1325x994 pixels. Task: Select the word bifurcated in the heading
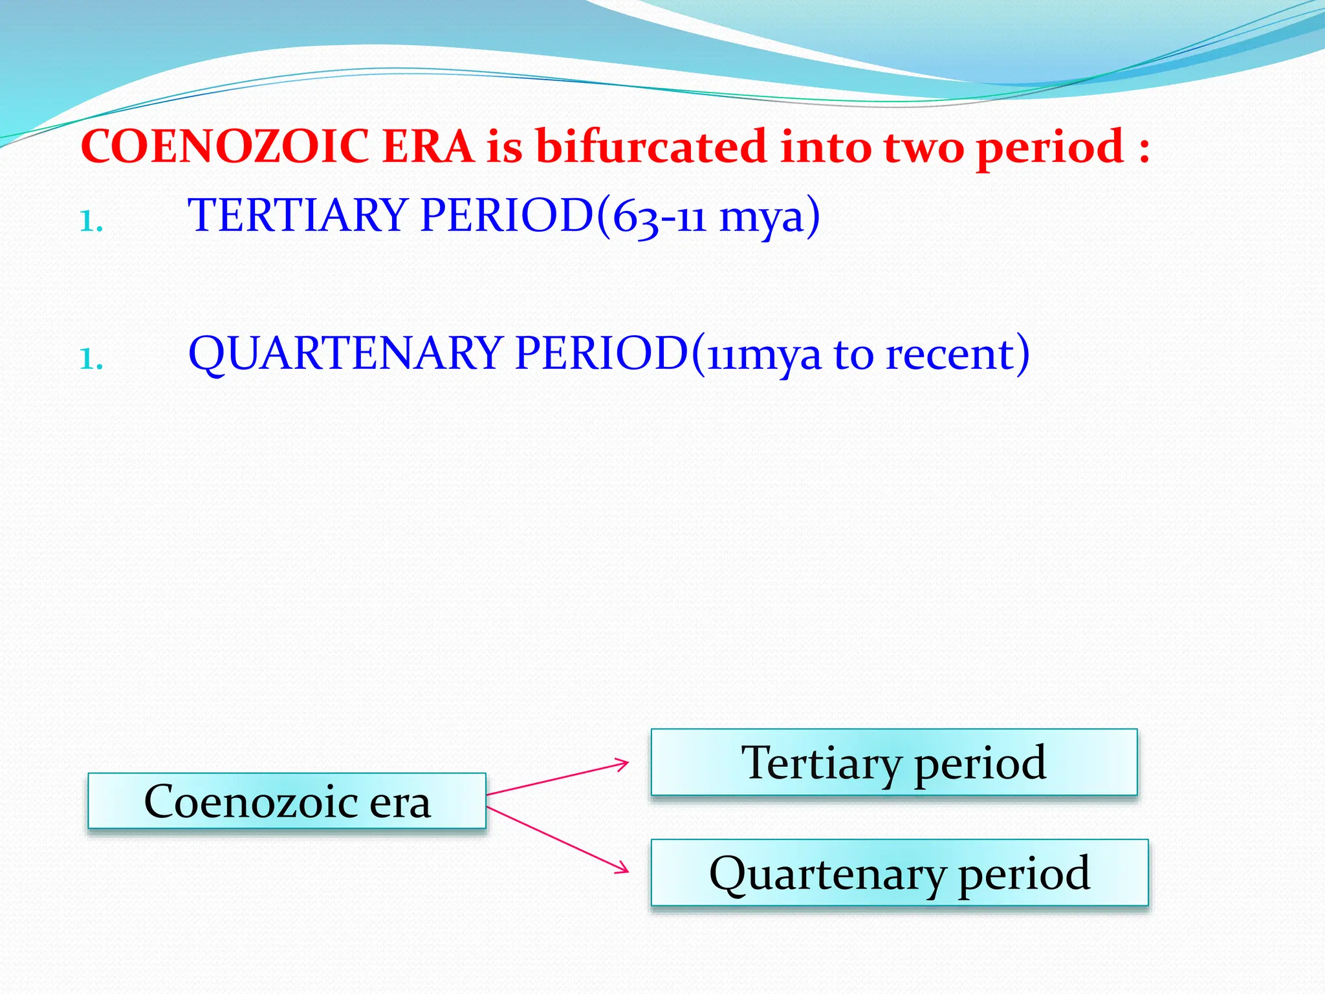650,147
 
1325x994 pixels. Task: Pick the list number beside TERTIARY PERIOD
91,221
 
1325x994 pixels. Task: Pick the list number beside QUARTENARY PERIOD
91,359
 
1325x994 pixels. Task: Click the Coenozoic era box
287,801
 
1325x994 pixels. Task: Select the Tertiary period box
893,762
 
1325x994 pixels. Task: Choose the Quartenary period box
899,872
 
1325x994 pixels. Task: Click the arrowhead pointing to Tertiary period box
622,765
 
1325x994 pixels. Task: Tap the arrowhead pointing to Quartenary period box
622,868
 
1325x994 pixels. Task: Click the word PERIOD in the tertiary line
507,215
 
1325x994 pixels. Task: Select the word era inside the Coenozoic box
399,802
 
